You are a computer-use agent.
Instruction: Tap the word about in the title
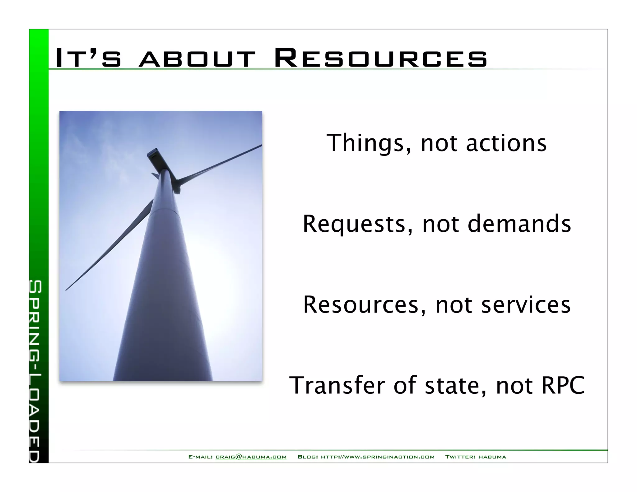pyautogui.click(x=197, y=59)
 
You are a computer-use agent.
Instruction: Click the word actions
pyautogui.click(x=506, y=143)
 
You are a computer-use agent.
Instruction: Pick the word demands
pyautogui.click(x=519, y=224)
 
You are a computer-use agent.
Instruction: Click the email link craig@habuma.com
pyautogui.click(x=251, y=457)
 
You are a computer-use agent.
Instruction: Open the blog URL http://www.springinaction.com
pyautogui.click(x=378, y=457)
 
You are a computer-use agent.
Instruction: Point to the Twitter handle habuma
pyautogui.click(x=492, y=457)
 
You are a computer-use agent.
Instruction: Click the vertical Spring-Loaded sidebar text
pyautogui.click(x=35, y=370)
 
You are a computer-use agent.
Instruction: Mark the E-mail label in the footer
pyautogui.click(x=201, y=457)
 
